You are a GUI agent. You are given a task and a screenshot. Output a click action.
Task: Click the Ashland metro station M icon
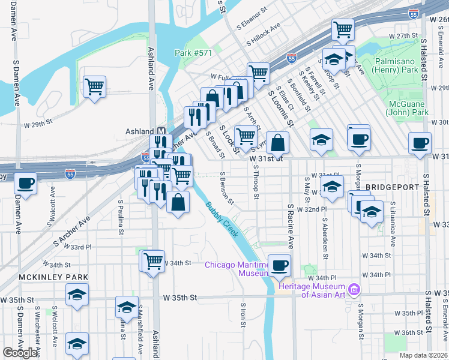point(161,131)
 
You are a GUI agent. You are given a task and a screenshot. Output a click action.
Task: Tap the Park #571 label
point(194,53)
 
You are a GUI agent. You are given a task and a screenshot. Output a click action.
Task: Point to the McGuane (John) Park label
point(407,107)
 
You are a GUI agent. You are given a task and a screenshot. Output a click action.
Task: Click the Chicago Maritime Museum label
point(237,269)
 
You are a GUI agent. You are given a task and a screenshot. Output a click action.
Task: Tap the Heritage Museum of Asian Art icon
point(354,290)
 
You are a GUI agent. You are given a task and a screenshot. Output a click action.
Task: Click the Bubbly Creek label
point(222,219)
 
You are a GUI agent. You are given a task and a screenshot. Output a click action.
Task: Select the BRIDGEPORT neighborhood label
point(393,187)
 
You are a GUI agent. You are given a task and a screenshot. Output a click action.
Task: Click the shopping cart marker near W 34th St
point(153,260)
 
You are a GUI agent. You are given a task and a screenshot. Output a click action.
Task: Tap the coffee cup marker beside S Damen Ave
point(25,182)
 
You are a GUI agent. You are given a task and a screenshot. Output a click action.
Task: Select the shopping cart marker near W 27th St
point(343,29)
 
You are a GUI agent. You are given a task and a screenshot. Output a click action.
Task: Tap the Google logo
point(20,353)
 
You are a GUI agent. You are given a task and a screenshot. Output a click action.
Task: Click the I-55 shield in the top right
point(414,14)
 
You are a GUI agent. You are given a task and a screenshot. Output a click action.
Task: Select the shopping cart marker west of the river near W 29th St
point(94,86)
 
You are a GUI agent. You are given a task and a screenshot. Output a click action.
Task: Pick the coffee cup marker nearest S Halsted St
point(420,143)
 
